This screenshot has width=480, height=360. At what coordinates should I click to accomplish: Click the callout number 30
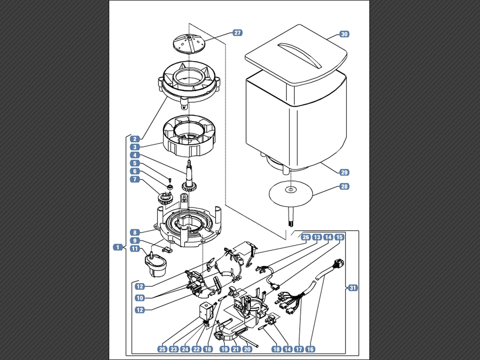(345, 34)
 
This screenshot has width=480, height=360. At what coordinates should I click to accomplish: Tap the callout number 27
(238, 33)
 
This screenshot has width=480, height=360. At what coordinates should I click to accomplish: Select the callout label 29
(345, 172)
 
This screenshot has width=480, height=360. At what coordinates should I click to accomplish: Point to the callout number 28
(345, 187)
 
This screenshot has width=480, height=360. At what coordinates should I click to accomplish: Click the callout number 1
(118, 247)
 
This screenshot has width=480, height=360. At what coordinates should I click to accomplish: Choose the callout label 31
(353, 288)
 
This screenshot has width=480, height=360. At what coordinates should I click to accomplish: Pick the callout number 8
(135, 232)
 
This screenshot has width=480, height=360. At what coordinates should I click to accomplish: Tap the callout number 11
(135, 248)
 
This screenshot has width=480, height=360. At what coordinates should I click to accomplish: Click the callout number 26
(306, 237)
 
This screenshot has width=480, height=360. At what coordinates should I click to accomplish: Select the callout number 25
(163, 349)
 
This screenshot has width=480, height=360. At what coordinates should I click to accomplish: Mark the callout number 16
(310, 349)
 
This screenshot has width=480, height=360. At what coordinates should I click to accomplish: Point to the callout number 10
(140, 298)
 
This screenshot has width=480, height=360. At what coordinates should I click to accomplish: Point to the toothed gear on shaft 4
(189, 186)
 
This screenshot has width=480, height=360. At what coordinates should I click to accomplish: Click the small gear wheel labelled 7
(165, 199)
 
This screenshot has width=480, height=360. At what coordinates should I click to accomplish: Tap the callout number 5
(135, 163)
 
